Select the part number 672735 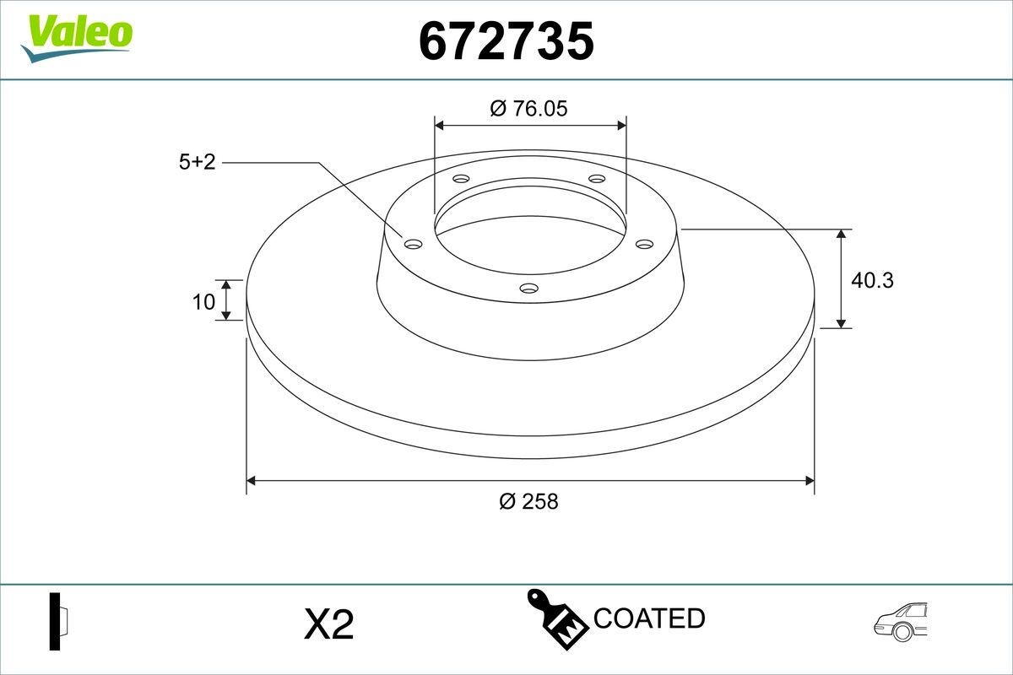point(506,41)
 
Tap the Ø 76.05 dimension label point(529,108)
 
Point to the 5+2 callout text point(198,162)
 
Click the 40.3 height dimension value point(872,280)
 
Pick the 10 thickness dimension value point(203,301)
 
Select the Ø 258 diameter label point(529,501)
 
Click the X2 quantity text point(328,625)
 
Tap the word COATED point(649,618)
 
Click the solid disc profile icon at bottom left point(57,622)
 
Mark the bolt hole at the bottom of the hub point(529,289)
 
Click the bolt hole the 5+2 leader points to point(413,244)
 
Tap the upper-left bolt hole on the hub point(461,179)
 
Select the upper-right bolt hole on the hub point(597,179)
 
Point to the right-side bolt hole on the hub point(645,244)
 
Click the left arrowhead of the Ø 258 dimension point(251,481)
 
